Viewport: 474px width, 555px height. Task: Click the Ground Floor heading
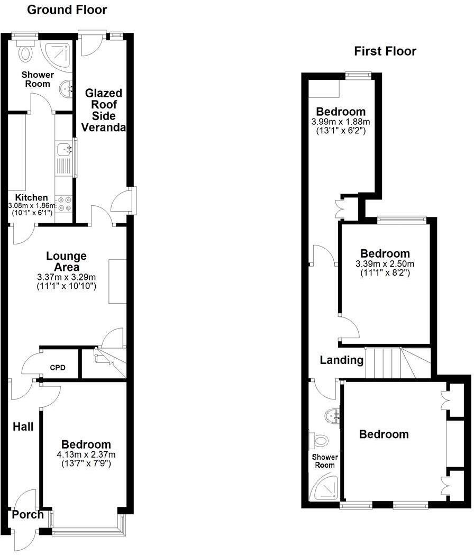pyautogui.click(x=67, y=10)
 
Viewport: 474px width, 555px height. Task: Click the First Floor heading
pyautogui.click(x=385, y=51)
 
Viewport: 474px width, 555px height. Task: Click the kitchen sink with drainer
pyautogui.click(x=64, y=159)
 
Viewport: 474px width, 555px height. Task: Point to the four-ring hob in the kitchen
pyautogui.click(x=64, y=205)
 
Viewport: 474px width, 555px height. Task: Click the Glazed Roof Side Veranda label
pyautogui.click(x=104, y=110)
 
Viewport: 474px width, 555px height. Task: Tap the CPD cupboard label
pyautogui.click(x=58, y=367)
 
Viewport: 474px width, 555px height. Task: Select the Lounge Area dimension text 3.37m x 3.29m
pyautogui.click(x=67, y=277)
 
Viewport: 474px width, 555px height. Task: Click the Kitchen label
pyautogui.click(x=32, y=197)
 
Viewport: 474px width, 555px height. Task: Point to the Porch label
pyautogui.click(x=28, y=514)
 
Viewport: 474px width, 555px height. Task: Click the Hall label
pyautogui.click(x=23, y=426)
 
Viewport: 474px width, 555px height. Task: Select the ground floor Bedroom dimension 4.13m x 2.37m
pyautogui.click(x=86, y=454)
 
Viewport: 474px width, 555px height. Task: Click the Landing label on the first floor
pyautogui.click(x=342, y=360)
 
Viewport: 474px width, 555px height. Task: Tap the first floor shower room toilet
pyautogui.click(x=318, y=440)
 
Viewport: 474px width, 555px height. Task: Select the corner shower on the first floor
pyautogui.click(x=324, y=487)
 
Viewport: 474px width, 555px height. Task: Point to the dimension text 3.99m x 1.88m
pyautogui.click(x=341, y=122)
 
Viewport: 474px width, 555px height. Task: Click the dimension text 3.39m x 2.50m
pyautogui.click(x=385, y=263)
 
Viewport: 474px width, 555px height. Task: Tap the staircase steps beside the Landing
pyautogui.click(x=398, y=362)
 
